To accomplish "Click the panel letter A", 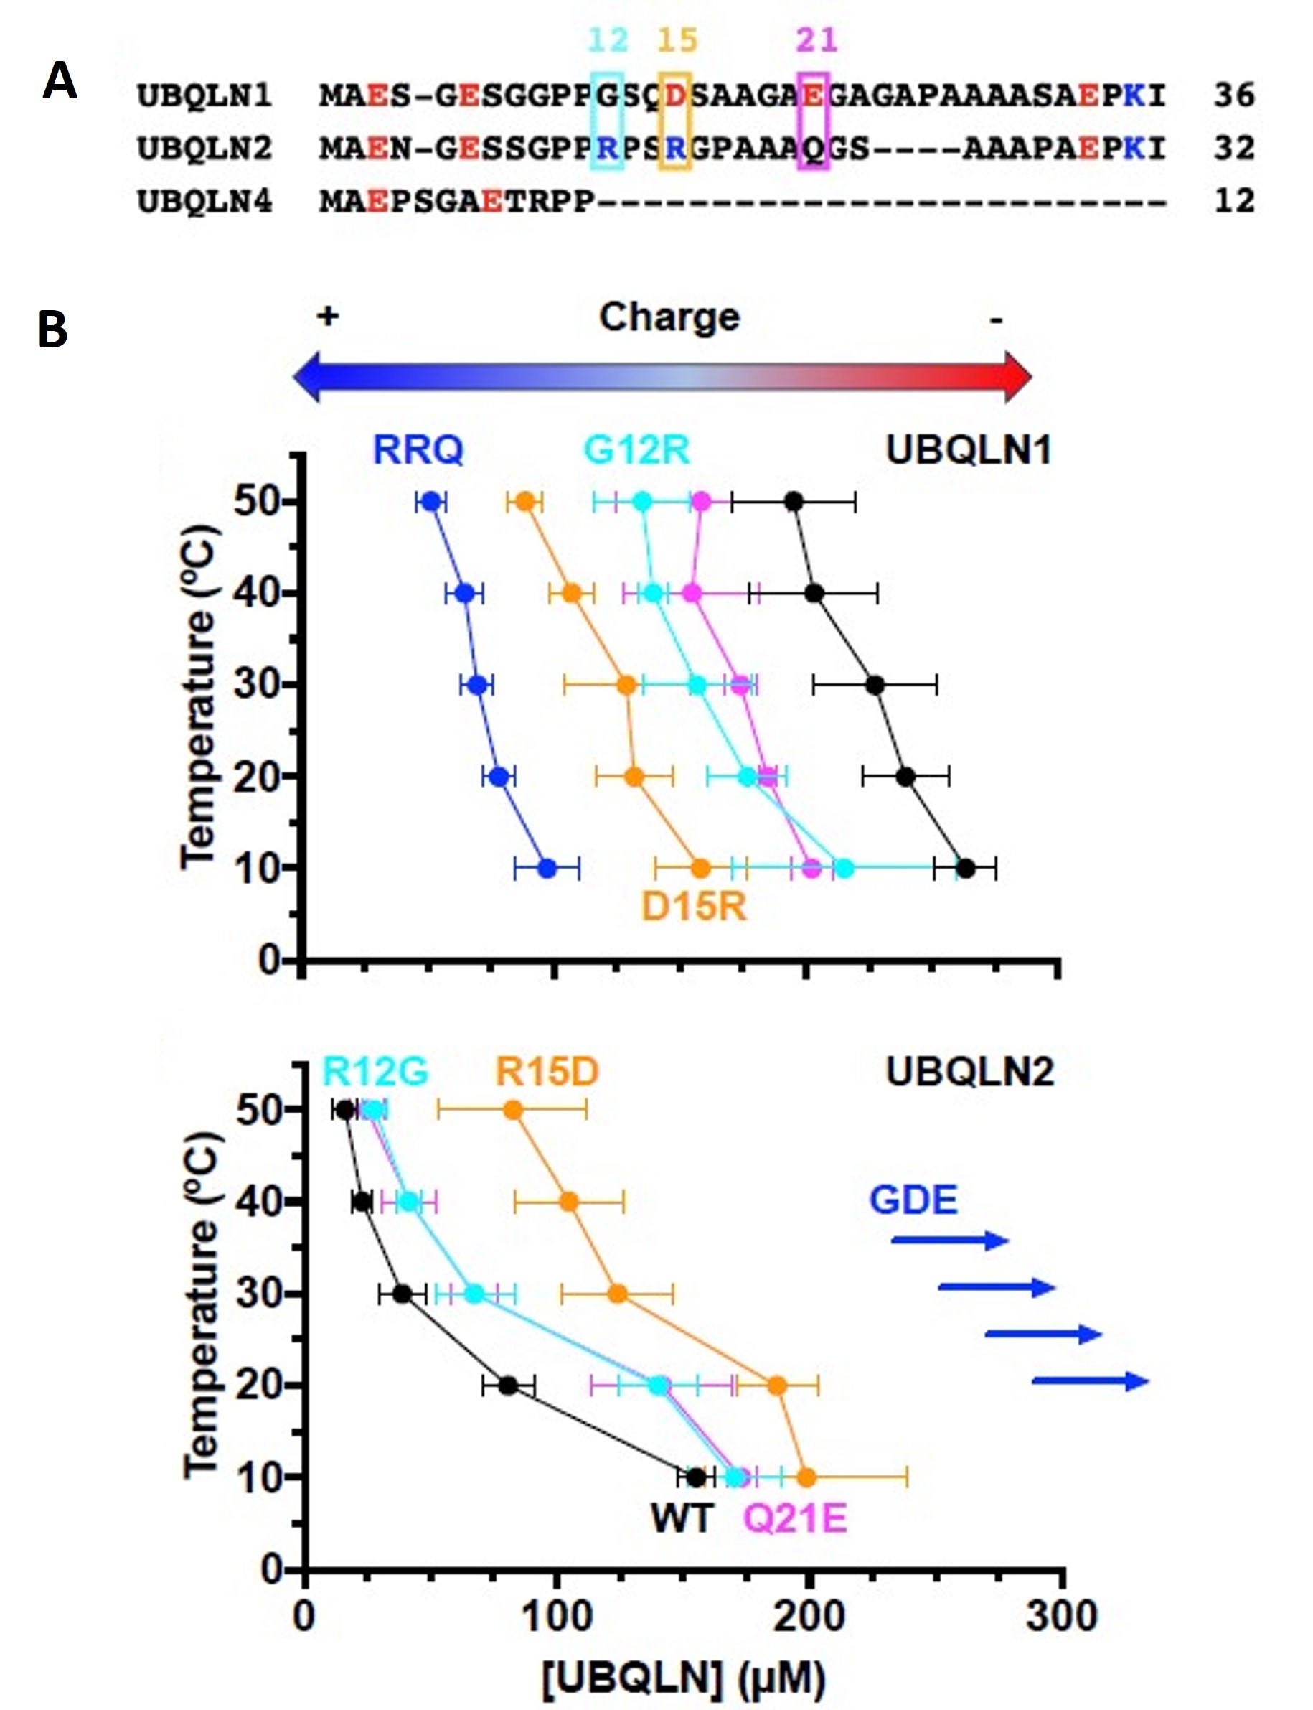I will tap(60, 81).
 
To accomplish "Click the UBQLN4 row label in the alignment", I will tap(204, 202).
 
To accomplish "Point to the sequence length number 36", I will tap(1234, 95).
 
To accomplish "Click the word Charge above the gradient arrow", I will tap(669, 317).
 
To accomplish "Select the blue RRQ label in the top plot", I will tap(418, 450).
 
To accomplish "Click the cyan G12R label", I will tap(637, 450).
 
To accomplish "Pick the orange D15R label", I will tap(694, 907).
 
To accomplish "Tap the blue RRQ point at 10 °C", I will tap(547, 868).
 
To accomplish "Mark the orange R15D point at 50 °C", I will tap(514, 1111).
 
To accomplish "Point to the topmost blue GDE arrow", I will tap(949, 1240).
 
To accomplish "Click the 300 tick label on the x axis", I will tap(1061, 1615).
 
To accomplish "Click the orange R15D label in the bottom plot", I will tap(547, 1072).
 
